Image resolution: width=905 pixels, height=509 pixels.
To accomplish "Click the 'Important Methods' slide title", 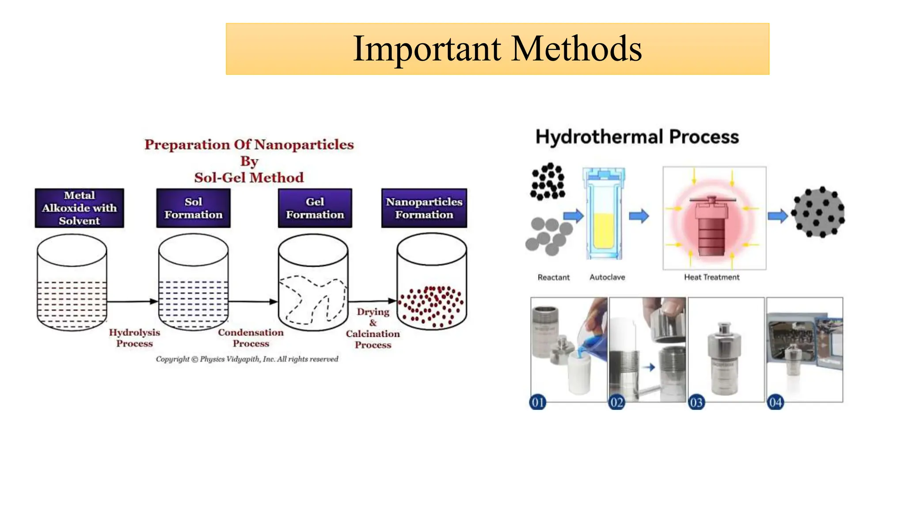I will [x=497, y=49].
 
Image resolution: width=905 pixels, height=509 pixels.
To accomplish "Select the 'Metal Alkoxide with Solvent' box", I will [x=80, y=208].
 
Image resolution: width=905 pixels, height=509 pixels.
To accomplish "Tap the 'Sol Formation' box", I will [x=193, y=208].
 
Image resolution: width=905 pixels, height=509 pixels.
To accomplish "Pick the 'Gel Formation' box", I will [x=315, y=208].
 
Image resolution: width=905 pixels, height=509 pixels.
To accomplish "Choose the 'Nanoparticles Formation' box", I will [x=424, y=208].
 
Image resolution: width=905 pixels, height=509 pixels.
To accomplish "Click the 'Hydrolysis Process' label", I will [x=134, y=338].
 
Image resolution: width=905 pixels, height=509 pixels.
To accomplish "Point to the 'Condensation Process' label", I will [x=251, y=338].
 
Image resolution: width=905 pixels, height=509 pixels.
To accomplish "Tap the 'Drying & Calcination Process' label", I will [x=373, y=328].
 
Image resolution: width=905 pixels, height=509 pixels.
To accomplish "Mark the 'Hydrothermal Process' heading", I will [x=637, y=137].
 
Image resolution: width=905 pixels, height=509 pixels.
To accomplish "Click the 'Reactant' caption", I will [x=553, y=277].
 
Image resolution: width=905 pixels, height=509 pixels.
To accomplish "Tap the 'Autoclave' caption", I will [x=607, y=277].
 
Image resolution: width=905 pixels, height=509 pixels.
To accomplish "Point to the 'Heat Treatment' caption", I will [x=711, y=277].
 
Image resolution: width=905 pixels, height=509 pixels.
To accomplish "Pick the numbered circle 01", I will [x=538, y=403].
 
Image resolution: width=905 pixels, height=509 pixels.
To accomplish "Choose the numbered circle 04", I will [x=776, y=403].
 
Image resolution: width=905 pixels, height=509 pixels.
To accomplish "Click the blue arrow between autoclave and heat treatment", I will [x=639, y=216].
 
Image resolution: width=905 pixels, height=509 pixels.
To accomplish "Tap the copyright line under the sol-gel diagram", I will [x=247, y=359].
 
